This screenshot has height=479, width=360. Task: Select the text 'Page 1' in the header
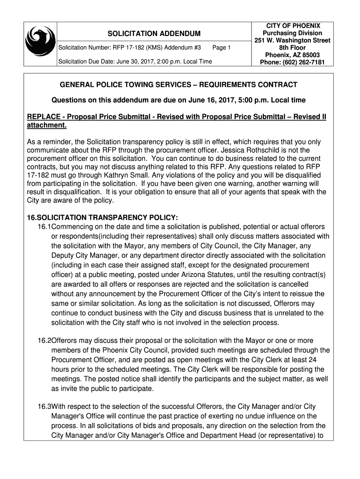tap(221, 48)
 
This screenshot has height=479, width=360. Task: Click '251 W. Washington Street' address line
tap(292, 41)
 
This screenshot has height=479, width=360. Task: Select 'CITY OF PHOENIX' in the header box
tap(293, 26)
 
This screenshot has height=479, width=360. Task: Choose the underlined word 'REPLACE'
tap(44, 116)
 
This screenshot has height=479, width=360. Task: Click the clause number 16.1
tap(44, 226)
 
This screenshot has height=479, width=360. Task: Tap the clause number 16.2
tap(44, 341)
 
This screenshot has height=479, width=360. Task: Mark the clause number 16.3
tap(44, 407)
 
